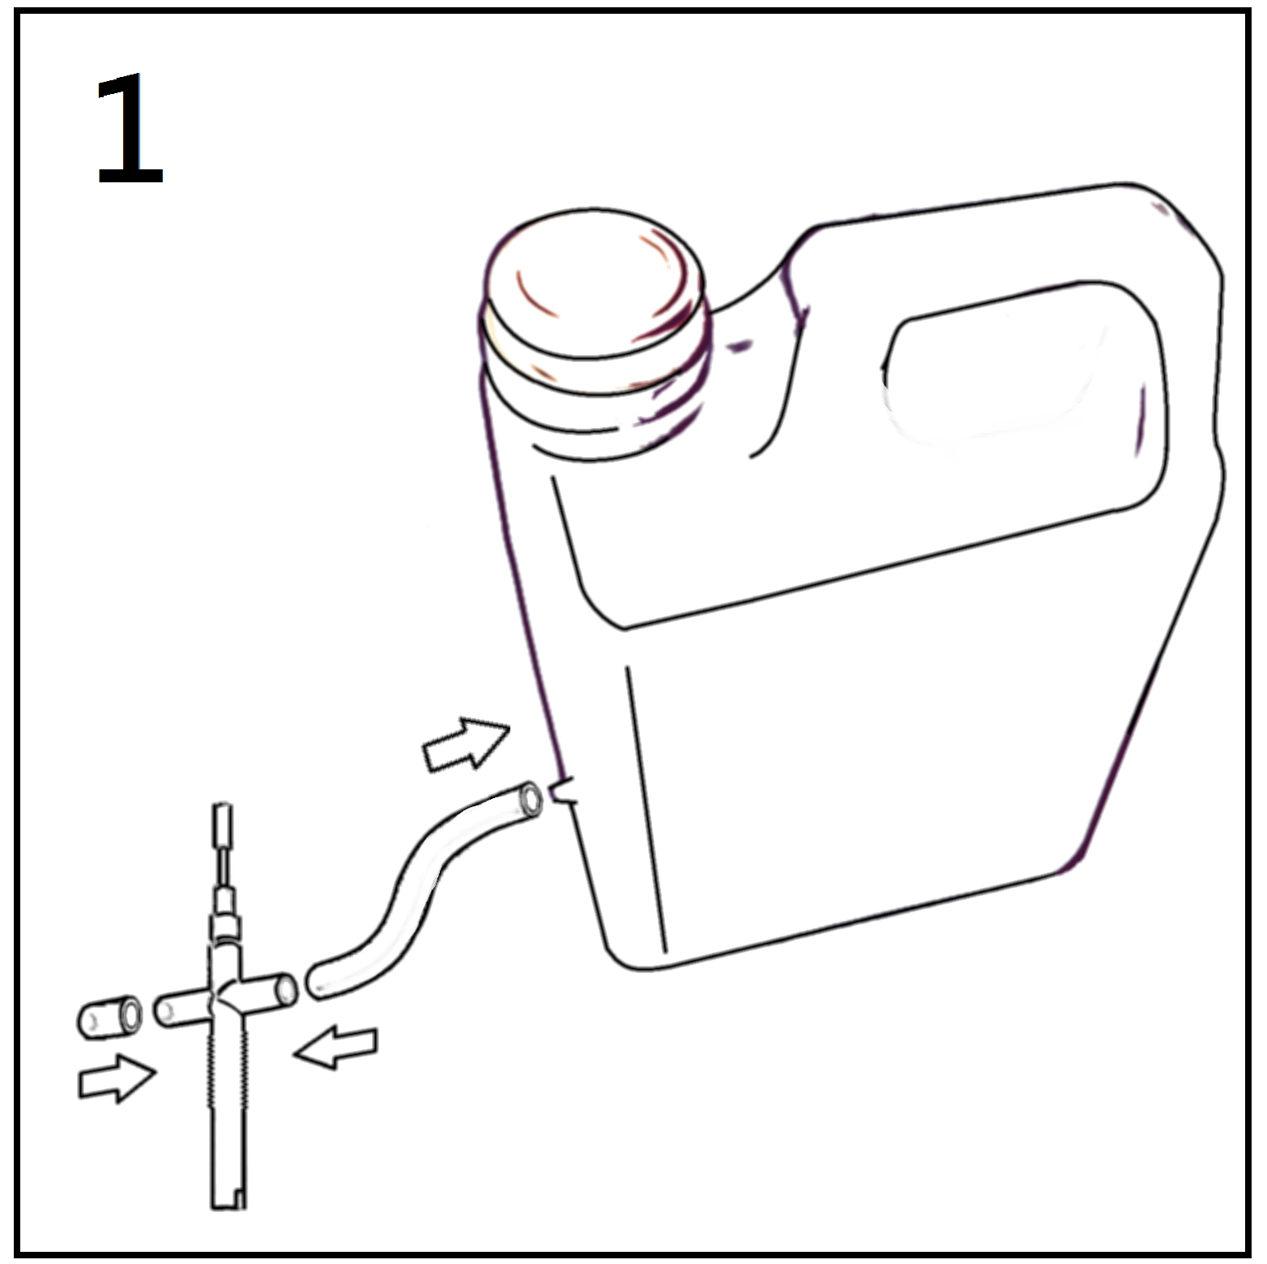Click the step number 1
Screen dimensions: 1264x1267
pos(130,130)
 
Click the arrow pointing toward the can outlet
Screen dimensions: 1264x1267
pos(467,741)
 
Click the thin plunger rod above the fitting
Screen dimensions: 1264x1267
pos(224,867)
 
